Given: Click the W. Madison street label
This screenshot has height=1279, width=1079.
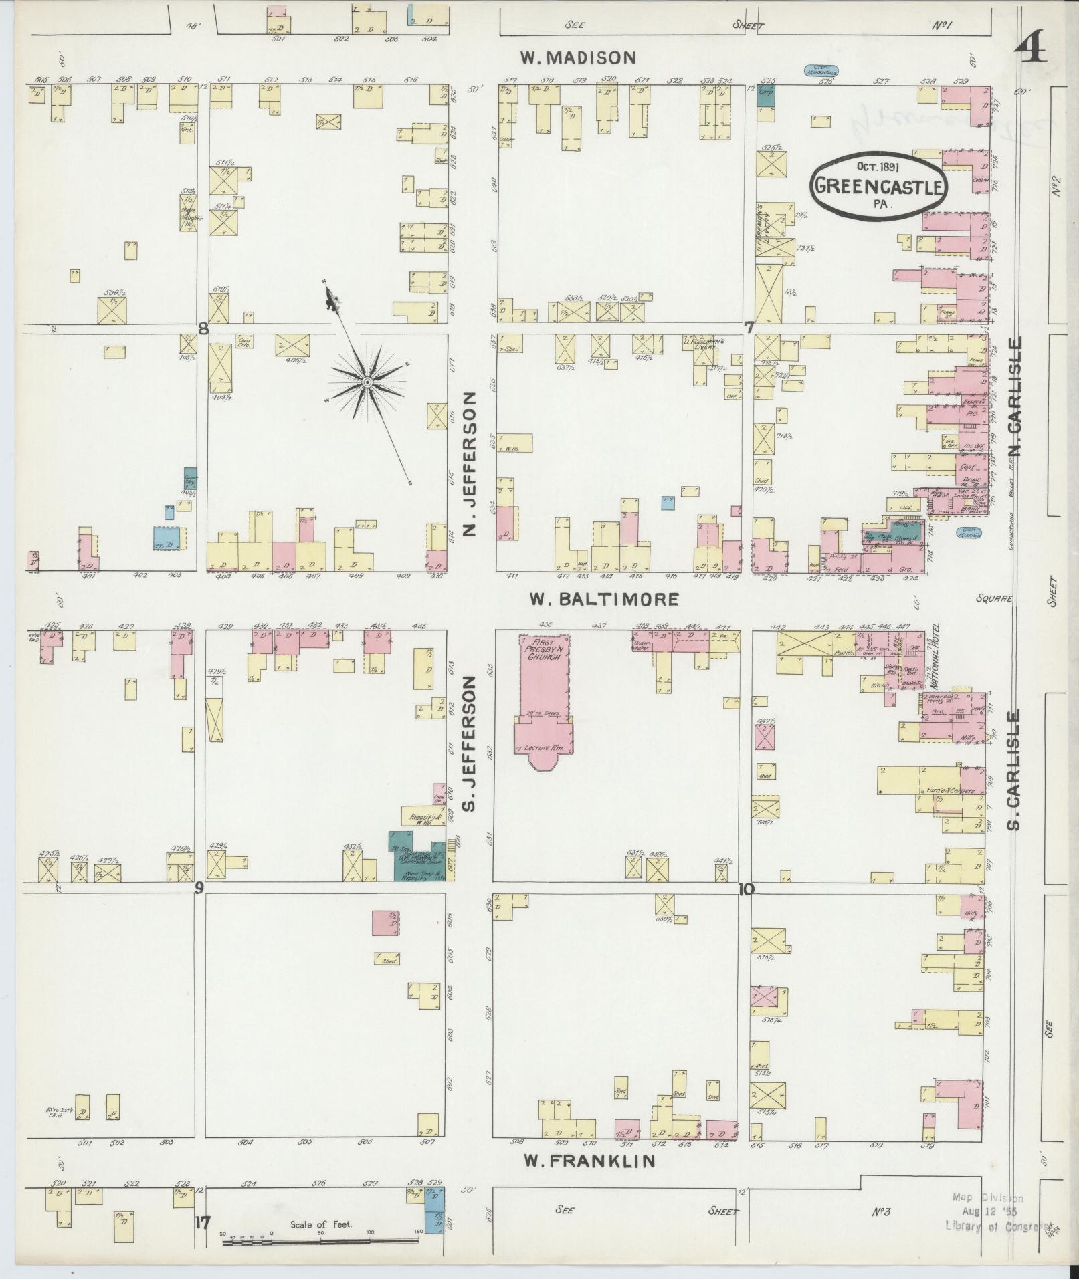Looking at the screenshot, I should click(578, 58).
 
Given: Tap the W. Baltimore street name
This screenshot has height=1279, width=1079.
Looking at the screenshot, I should click(603, 599).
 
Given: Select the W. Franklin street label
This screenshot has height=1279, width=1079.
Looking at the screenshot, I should click(589, 1162).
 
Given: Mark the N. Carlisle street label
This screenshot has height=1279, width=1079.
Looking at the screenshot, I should click(1017, 398).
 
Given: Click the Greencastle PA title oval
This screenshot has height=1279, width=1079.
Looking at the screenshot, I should click(879, 186).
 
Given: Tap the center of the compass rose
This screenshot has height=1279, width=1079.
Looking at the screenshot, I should click(367, 382).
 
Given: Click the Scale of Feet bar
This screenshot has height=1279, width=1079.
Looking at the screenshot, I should click(320, 1241).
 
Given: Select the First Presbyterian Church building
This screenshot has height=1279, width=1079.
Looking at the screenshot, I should click(544, 695).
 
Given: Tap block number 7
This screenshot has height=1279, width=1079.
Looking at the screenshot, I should click(749, 328).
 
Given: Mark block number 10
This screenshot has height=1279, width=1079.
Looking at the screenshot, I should click(746, 889).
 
